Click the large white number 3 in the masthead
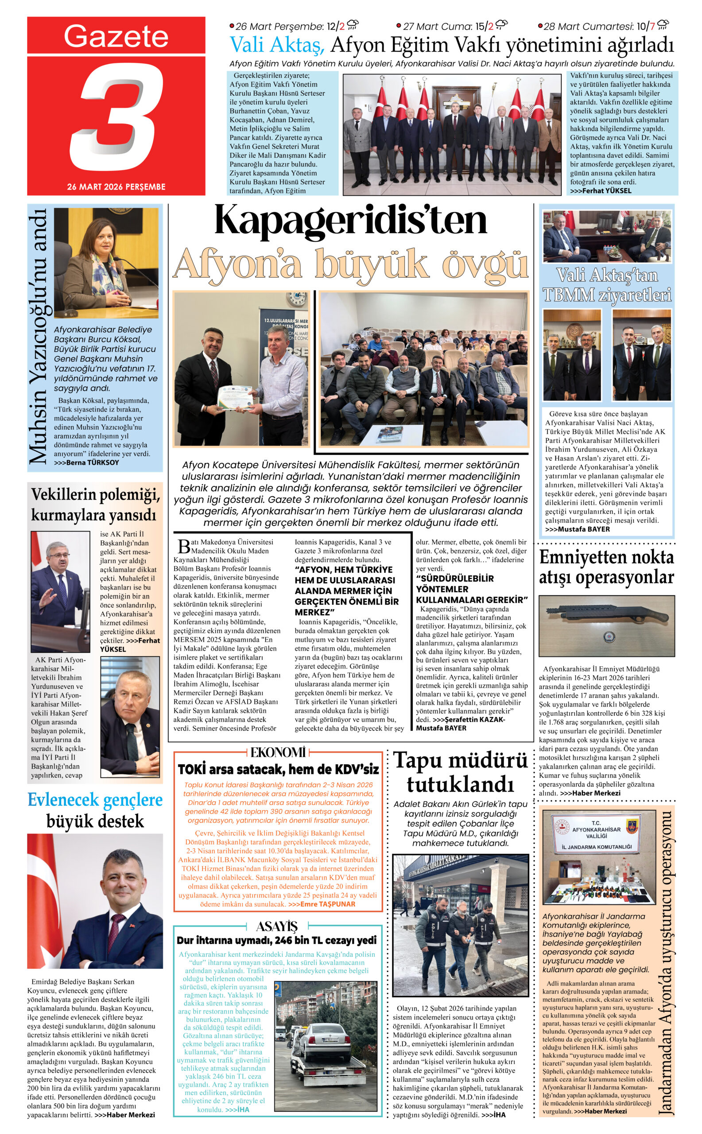116,116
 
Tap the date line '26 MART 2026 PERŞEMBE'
116,186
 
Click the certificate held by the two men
235,396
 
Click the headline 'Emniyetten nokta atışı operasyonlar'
606,567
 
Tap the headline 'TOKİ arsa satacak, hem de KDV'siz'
278,769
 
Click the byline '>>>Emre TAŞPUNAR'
321,904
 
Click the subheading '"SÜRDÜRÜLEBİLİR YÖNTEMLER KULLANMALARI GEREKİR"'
471,589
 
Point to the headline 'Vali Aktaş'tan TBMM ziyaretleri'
607,285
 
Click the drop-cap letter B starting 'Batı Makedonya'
184,547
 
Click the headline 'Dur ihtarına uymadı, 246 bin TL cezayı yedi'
277,941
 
